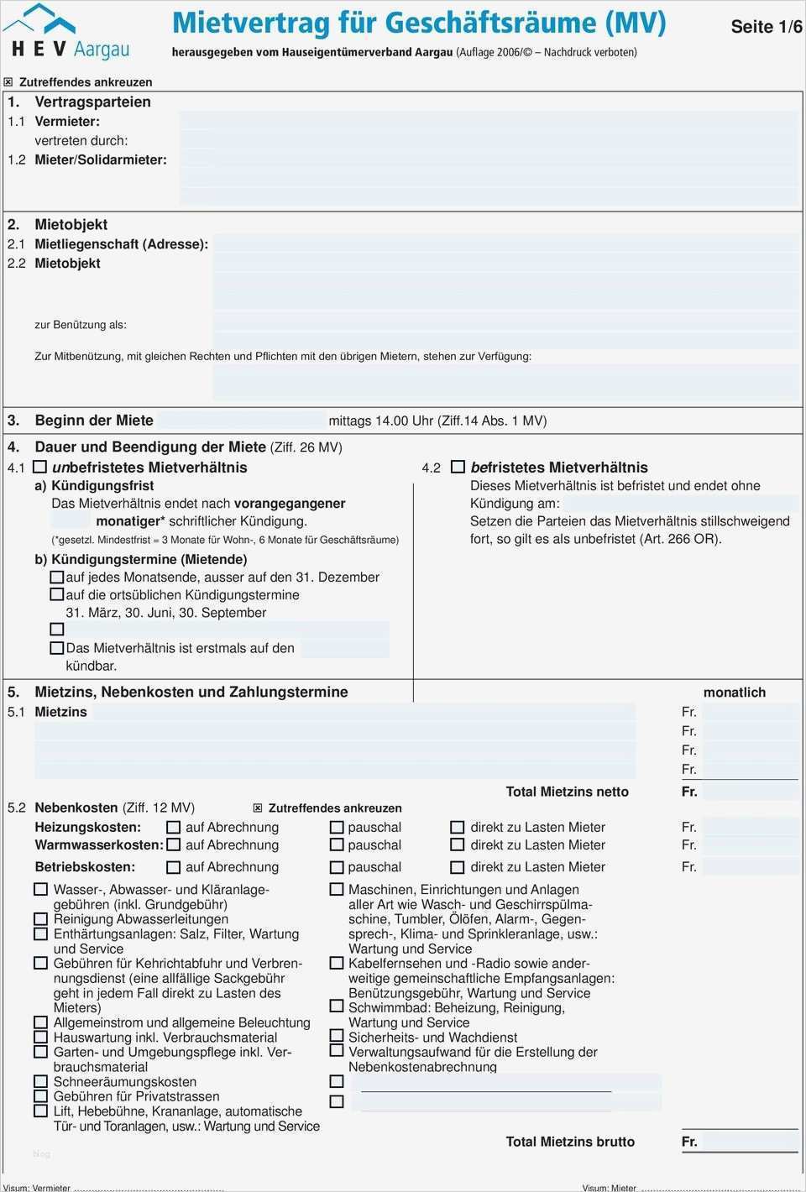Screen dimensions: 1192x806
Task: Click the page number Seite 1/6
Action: tap(766, 27)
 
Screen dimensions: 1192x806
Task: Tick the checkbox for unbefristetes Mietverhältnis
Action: tap(39, 467)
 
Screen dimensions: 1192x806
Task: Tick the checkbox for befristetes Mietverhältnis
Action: tap(458, 467)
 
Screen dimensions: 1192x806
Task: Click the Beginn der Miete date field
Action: tap(242, 421)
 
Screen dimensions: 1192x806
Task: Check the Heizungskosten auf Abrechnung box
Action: tap(174, 827)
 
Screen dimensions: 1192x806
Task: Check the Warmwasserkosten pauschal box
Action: tap(337, 845)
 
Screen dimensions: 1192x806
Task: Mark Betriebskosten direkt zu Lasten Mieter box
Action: tap(458, 867)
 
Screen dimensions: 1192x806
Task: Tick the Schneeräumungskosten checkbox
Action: tap(40, 1081)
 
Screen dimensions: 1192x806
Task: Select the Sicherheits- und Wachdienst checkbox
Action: tap(337, 1037)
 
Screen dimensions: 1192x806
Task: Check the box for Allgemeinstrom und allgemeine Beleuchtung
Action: tap(40, 1022)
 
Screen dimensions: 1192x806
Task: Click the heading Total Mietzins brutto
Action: tap(570, 1142)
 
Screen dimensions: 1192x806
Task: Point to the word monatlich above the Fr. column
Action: tap(735, 693)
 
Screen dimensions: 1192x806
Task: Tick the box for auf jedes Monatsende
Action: tap(57, 577)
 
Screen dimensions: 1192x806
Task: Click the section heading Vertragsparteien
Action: tap(92, 102)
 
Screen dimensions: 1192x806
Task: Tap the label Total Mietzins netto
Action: tap(567, 792)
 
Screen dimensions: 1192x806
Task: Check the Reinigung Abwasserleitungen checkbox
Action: tap(40, 919)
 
